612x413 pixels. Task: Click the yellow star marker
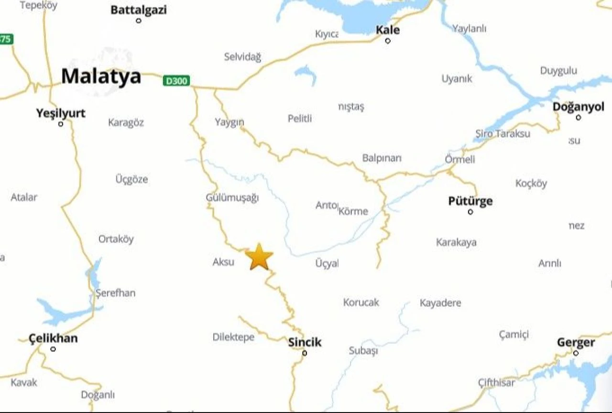tap(259, 257)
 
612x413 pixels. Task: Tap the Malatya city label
tap(101, 76)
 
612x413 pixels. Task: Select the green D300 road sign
tap(176, 81)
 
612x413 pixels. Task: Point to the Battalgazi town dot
tap(139, 21)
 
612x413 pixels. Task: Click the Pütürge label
tap(470, 201)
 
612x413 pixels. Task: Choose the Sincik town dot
tap(305, 353)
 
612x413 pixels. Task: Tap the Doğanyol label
tap(579, 107)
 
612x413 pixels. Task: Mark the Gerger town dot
tap(576, 353)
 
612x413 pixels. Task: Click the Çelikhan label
tap(53, 338)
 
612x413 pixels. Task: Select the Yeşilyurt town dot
tap(61, 124)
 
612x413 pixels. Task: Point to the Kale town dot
tap(388, 41)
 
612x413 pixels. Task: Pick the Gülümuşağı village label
tap(232, 197)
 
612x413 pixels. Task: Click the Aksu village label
tap(223, 262)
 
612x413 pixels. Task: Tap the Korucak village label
tap(361, 302)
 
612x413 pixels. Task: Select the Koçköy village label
tap(531, 184)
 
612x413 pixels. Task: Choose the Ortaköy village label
tap(116, 239)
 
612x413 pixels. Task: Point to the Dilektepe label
tap(233, 337)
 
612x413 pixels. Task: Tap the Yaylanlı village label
tap(469, 29)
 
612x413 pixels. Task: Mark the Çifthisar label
tap(497, 382)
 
